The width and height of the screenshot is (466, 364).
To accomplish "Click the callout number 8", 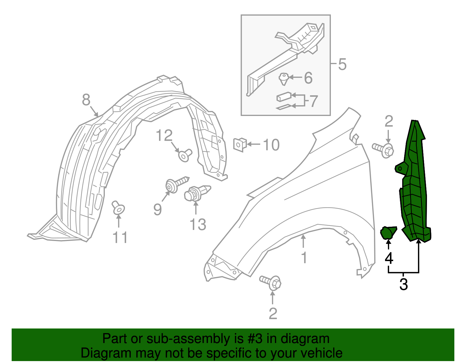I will click(x=86, y=100).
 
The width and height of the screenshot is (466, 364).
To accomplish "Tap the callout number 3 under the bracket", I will click(x=403, y=284).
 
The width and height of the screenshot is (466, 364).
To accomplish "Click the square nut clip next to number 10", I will click(x=240, y=144).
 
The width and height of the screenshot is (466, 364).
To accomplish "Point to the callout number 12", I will click(x=164, y=136).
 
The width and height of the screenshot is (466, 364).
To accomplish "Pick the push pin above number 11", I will click(x=118, y=207).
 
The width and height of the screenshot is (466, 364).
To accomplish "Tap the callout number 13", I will click(x=198, y=225).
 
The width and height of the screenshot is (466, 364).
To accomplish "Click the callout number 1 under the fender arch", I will click(x=304, y=258).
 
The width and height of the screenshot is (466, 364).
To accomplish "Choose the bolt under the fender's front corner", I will click(x=271, y=282).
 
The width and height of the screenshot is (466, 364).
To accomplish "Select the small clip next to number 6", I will click(x=283, y=78).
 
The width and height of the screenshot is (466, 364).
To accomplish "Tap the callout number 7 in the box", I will click(x=313, y=101).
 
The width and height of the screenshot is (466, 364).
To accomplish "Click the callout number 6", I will click(x=308, y=78).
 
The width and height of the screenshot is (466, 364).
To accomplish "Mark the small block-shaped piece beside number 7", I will click(x=283, y=96).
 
